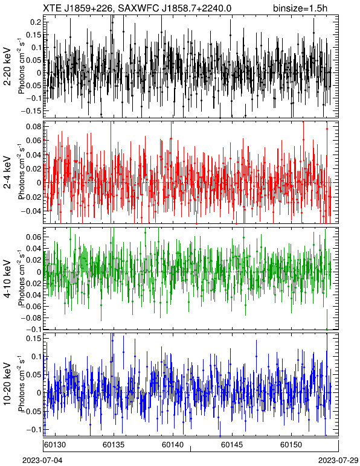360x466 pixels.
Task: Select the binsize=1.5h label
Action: [x=300, y=8]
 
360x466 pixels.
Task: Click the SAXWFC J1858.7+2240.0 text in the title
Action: [x=175, y=8]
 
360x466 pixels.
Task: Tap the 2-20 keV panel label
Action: [x=7, y=66]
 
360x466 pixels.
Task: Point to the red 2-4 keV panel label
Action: [x=7, y=173]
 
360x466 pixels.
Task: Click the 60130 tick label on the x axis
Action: [x=55, y=445]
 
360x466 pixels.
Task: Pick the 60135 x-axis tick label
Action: [x=114, y=445]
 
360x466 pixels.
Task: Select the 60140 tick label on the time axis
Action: [x=172, y=445]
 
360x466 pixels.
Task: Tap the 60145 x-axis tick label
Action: [x=231, y=445]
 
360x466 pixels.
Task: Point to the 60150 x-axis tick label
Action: [x=291, y=445]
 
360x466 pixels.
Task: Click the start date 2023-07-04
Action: [x=43, y=461]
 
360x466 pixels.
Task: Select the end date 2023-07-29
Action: [x=338, y=461]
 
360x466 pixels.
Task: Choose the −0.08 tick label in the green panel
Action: [x=31, y=318]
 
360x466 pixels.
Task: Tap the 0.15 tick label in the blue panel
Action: [x=34, y=339]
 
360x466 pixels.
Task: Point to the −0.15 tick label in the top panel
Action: [x=31, y=110]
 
